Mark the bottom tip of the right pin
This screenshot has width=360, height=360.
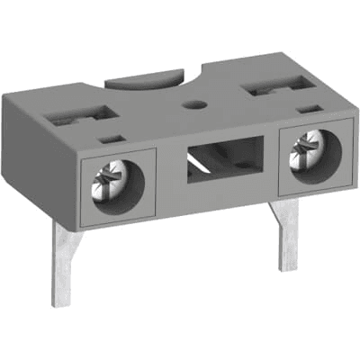coord(289,268)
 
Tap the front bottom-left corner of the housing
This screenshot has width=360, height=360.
coord(83,225)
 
